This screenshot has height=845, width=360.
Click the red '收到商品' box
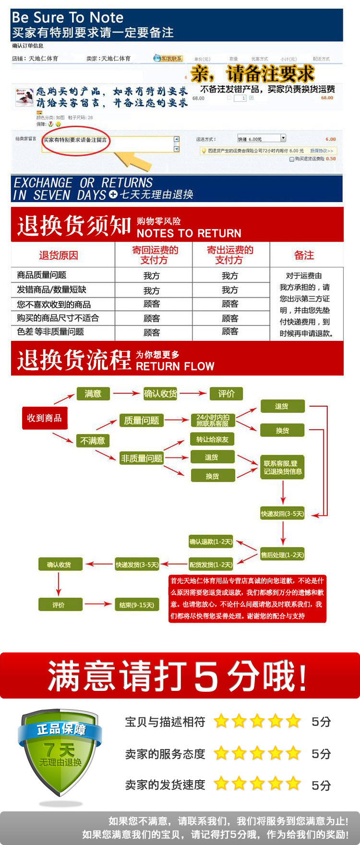[45, 418]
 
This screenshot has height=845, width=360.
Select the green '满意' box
[93, 394]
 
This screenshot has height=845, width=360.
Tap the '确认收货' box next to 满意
[160, 394]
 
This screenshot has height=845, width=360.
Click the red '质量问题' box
[142, 421]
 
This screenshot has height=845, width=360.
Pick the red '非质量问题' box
[142, 459]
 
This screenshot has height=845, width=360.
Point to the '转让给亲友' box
[212, 439]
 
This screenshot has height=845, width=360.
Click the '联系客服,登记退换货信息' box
[283, 467]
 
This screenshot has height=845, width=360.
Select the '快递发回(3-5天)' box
[282, 514]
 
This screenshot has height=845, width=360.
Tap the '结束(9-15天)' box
[137, 605]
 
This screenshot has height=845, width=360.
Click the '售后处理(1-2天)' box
[282, 555]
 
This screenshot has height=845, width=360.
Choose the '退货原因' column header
[59, 255]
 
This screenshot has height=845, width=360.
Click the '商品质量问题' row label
[42, 275]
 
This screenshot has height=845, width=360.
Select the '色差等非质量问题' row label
[50, 332]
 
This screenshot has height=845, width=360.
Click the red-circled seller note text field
[108, 143]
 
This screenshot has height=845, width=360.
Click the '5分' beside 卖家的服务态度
[321, 754]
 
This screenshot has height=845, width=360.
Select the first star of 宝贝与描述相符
[221, 721]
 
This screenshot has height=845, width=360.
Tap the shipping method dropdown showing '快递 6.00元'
[262, 139]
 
